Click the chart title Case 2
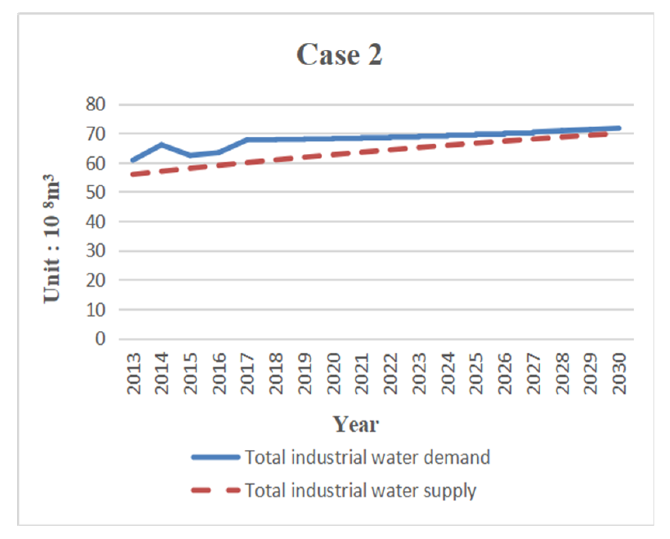339,54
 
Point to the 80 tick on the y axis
95,104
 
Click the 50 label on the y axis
95,192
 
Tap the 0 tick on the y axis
100,339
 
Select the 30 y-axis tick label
95,251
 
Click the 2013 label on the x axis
134,373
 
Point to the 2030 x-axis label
618,373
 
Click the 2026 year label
504,373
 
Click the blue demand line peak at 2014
161,144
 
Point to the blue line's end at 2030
618,128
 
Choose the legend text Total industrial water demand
367,457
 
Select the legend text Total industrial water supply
360,490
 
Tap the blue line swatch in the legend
216,457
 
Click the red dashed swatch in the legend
216,490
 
